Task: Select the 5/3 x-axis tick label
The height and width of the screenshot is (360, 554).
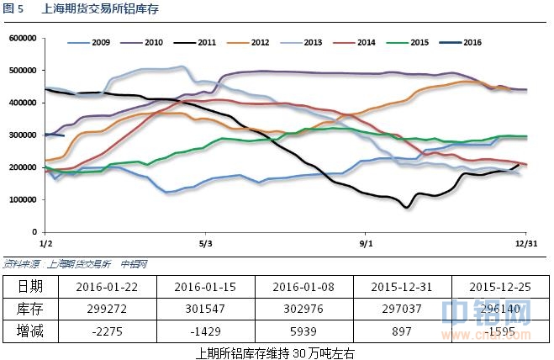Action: [x=204, y=242]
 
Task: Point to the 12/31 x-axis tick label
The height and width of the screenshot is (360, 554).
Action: [x=526, y=242]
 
